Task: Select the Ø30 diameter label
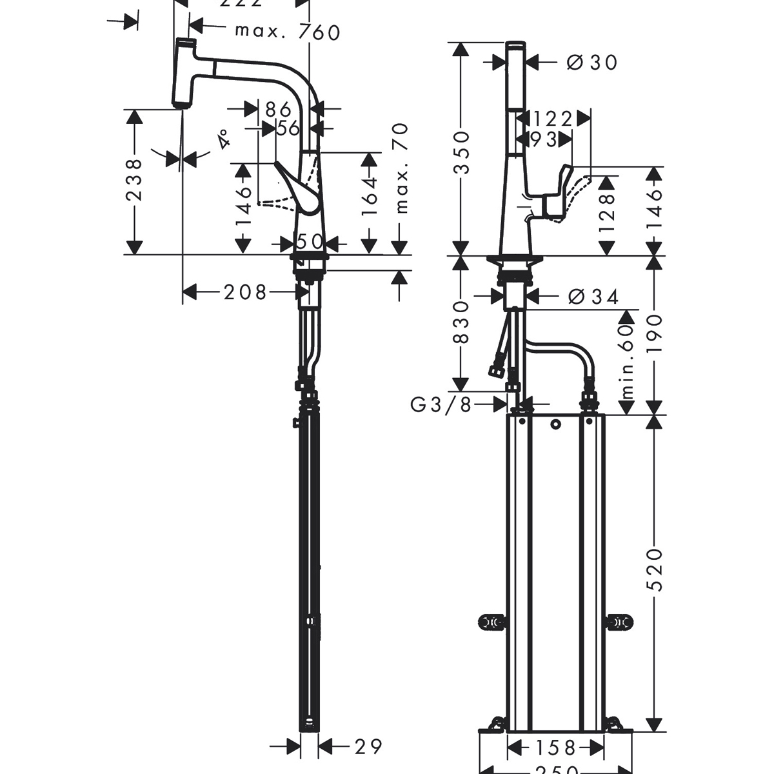click(x=591, y=63)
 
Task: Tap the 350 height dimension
click(x=461, y=152)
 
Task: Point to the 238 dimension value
click(x=134, y=181)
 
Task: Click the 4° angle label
click(x=223, y=139)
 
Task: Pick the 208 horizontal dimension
click(x=245, y=293)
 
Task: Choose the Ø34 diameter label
click(x=593, y=297)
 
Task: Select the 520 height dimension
click(x=655, y=569)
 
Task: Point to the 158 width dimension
click(x=555, y=748)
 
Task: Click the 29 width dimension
click(x=368, y=746)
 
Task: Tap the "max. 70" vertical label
click(x=402, y=168)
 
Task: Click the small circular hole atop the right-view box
click(x=555, y=424)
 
